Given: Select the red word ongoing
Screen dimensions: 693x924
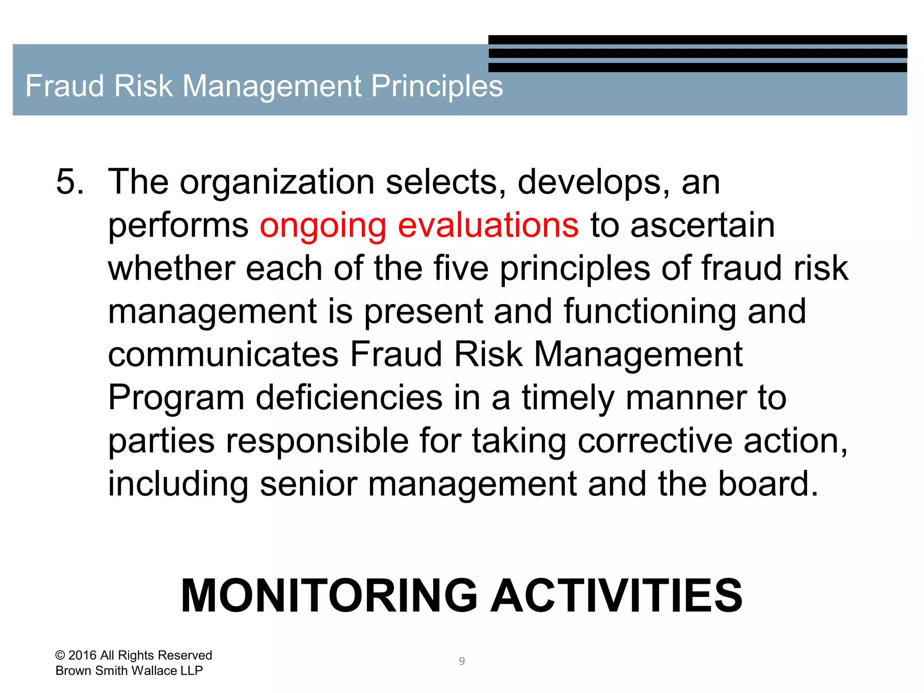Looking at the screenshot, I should pyautogui.click(x=323, y=226).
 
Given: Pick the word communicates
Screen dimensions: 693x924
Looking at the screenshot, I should pyautogui.click(x=223, y=355).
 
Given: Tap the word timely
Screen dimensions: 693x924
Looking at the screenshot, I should pyautogui.click(x=568, y=398).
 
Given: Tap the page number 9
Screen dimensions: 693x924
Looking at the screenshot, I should pyautogui.click(x=462, y=661).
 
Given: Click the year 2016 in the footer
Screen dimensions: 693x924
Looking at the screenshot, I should pyautogui.click(x=82, y=655).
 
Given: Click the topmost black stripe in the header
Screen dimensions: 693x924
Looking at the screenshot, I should pyautogui.click(x=697, y=40).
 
